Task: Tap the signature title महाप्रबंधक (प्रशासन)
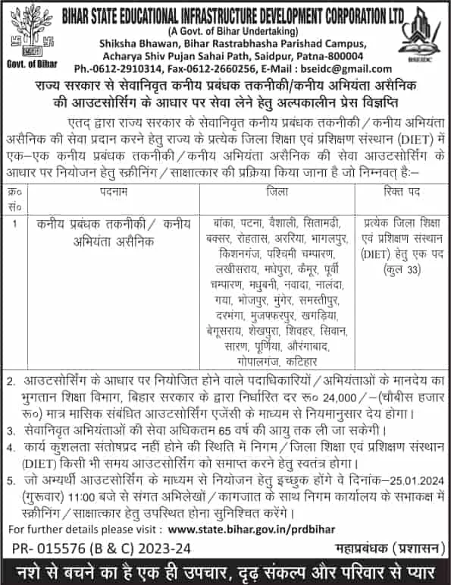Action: click(387, 548)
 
